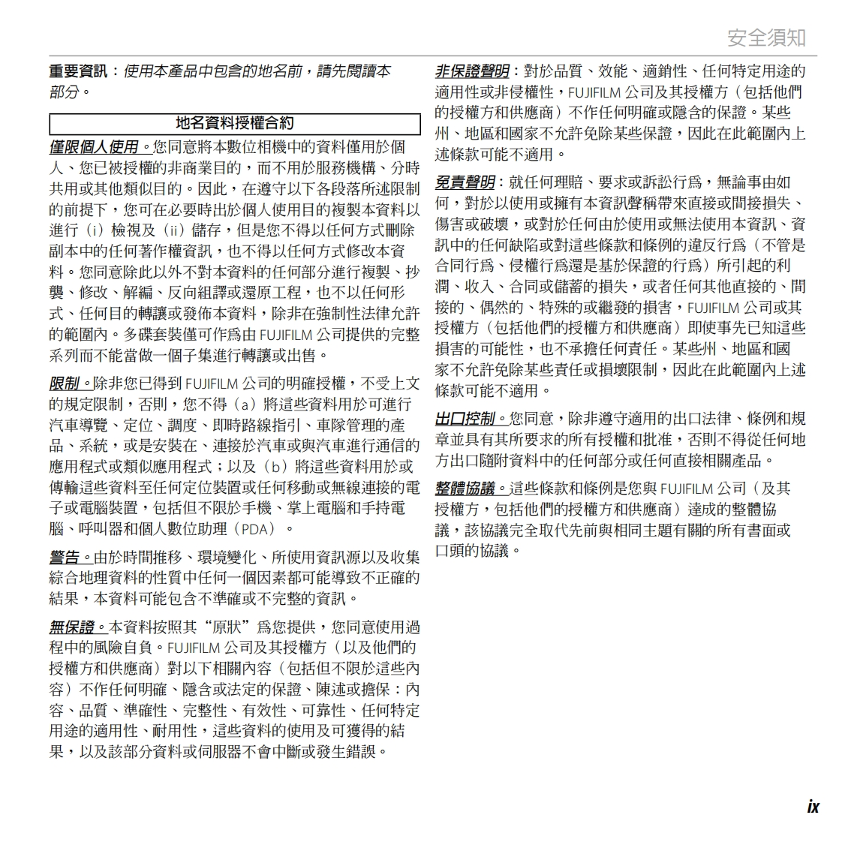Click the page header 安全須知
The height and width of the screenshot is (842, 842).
(766, 37)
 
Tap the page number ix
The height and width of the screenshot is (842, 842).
(813, 806)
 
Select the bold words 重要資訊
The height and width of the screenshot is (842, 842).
(78, 71)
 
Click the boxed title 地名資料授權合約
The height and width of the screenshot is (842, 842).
(235, 124)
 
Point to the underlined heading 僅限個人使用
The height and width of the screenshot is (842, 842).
(94, 147)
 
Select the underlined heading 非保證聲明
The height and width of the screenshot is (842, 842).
(472, 71)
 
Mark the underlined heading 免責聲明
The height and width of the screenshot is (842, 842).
(465, 182)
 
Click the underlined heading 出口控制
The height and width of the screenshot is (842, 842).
(465, 418)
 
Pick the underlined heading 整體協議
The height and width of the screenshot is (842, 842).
(465, 489)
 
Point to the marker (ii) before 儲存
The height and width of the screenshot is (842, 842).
(176, 230)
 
